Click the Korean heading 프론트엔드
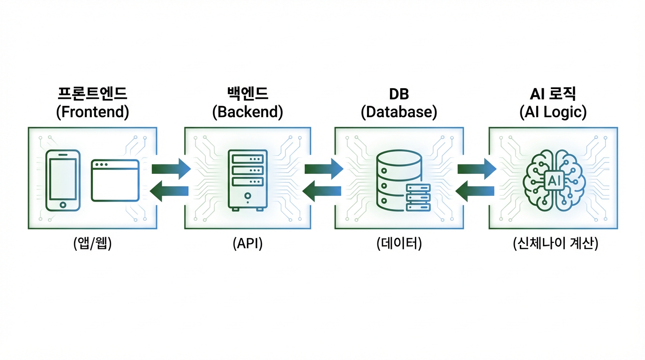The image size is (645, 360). pos(92,94)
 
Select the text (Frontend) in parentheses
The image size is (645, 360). pos(92,112)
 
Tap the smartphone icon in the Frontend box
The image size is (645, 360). pos(63,180)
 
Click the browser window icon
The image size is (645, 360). pos(115,180)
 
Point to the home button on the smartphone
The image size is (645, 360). pos(63,204)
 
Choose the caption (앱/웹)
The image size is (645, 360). pos(92,244)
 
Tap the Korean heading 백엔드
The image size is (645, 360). pos(247,94)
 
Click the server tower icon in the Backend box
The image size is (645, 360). pos(247,180)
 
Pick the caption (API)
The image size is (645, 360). pos(247,244)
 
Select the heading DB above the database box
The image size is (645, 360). pos(399,94)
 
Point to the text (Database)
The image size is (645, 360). pos(399,112)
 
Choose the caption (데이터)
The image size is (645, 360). pos(399,244)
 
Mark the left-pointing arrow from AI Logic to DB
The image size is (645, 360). pos(475,191)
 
